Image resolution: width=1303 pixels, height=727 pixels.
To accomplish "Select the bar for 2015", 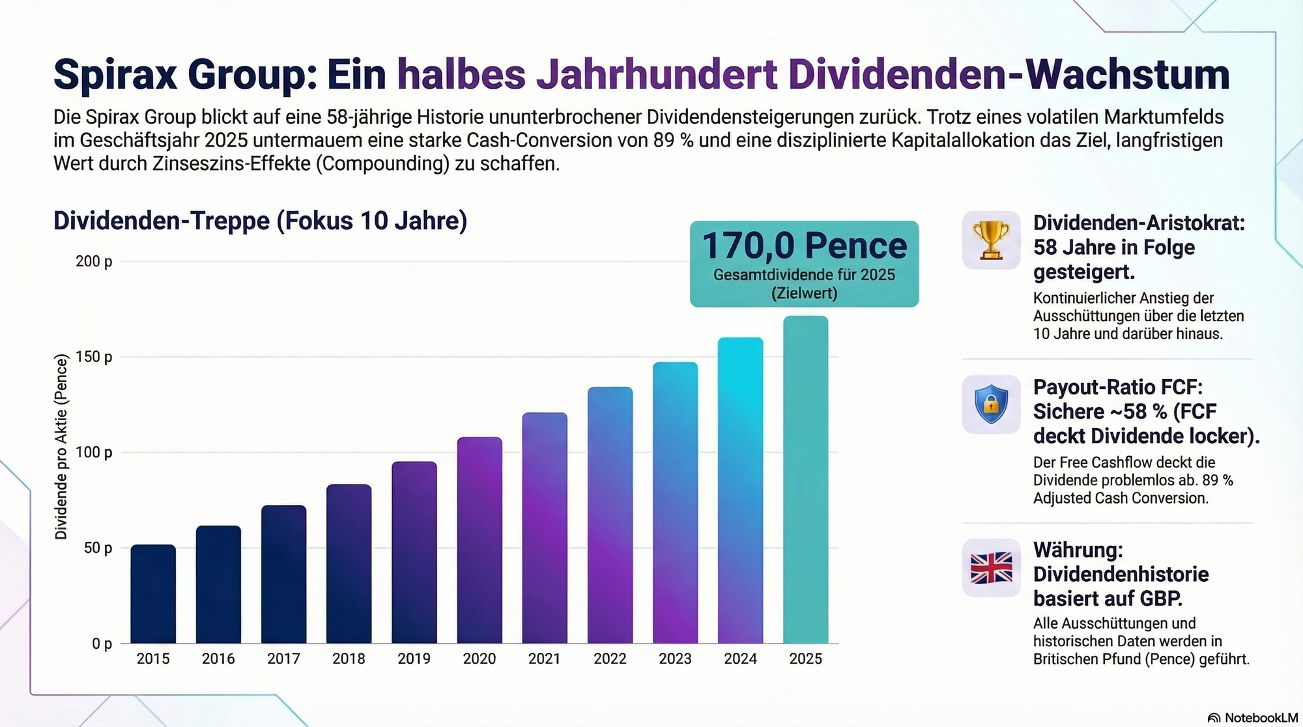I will click(153, 594).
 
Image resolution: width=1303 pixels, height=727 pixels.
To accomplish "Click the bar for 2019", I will click(414, 552).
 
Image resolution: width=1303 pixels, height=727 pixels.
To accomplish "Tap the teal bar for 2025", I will click(805, 480).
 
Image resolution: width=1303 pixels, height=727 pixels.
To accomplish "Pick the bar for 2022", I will click(610, 515).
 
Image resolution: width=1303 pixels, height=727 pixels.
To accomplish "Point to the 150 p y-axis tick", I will click(94, 357).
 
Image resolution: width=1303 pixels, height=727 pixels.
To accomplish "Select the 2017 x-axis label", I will click(283, 659).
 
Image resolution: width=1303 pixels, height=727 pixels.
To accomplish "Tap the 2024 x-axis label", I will click(740, 659).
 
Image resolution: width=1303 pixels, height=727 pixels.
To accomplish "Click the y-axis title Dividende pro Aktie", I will click(61, 447).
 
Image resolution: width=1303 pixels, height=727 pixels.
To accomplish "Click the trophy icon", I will click(991, 240).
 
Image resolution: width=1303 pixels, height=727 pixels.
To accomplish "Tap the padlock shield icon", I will click(991, 405).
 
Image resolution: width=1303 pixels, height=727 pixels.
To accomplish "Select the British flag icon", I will click(991, 568).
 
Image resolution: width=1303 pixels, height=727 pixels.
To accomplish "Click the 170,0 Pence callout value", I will click(804, 246).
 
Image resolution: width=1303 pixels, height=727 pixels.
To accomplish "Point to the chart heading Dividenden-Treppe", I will click(260, 221).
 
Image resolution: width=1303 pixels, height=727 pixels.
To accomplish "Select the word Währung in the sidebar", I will click(1078, 550).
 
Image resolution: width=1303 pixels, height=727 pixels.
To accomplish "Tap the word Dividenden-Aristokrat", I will click(1139, 223).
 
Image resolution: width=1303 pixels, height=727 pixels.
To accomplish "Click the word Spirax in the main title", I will click(115, 74).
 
